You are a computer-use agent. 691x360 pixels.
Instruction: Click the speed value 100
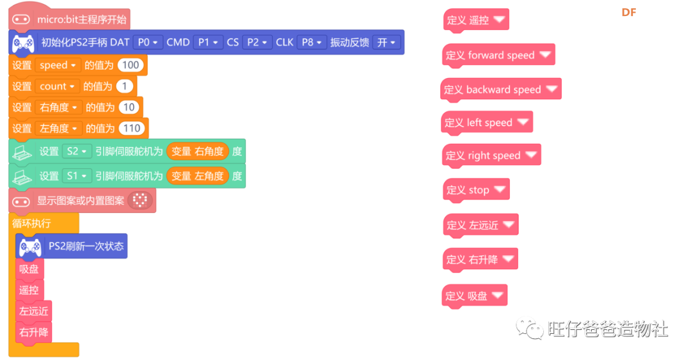pos(131,65)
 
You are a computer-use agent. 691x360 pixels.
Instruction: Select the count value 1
pos(124,86)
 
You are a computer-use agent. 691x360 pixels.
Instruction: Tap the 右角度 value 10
pos(129,107)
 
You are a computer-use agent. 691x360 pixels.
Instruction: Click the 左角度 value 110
pos(132,129)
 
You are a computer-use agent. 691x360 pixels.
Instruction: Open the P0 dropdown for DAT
pos(148,42)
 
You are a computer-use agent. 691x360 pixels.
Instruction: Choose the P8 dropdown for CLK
pos(312,42)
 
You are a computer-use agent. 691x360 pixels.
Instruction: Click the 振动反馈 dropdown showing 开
pos(386,42)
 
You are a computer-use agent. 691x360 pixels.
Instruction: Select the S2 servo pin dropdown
pos(77,152)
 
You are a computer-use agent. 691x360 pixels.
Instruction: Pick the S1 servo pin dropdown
pos(77,176)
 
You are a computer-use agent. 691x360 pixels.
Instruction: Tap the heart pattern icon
pos(140,201)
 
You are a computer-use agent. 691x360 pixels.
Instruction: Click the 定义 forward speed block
pos(498,56)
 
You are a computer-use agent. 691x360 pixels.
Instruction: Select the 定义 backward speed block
pos(500,90)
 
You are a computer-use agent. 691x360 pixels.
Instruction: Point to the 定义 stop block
pos(476,191)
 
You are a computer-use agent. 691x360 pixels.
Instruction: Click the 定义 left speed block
pos(487,123)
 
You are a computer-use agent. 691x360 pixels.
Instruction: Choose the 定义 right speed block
pos(491,156)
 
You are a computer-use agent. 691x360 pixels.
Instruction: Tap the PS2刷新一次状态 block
pos(72,246)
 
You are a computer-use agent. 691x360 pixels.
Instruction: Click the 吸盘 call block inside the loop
pos(29,269)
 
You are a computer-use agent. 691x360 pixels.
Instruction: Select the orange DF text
pos(629,12)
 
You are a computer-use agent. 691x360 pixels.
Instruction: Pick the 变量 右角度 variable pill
pos(198,152)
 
